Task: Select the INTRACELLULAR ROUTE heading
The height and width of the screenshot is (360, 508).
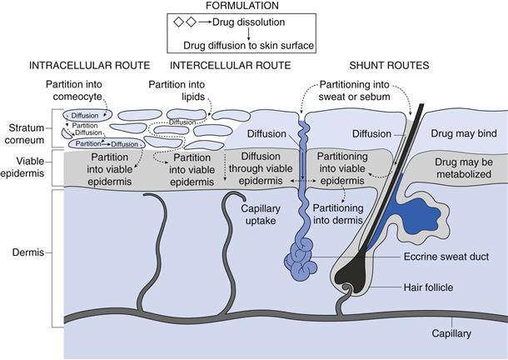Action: point(89,65)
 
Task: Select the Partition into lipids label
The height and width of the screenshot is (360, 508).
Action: point(177,91)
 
